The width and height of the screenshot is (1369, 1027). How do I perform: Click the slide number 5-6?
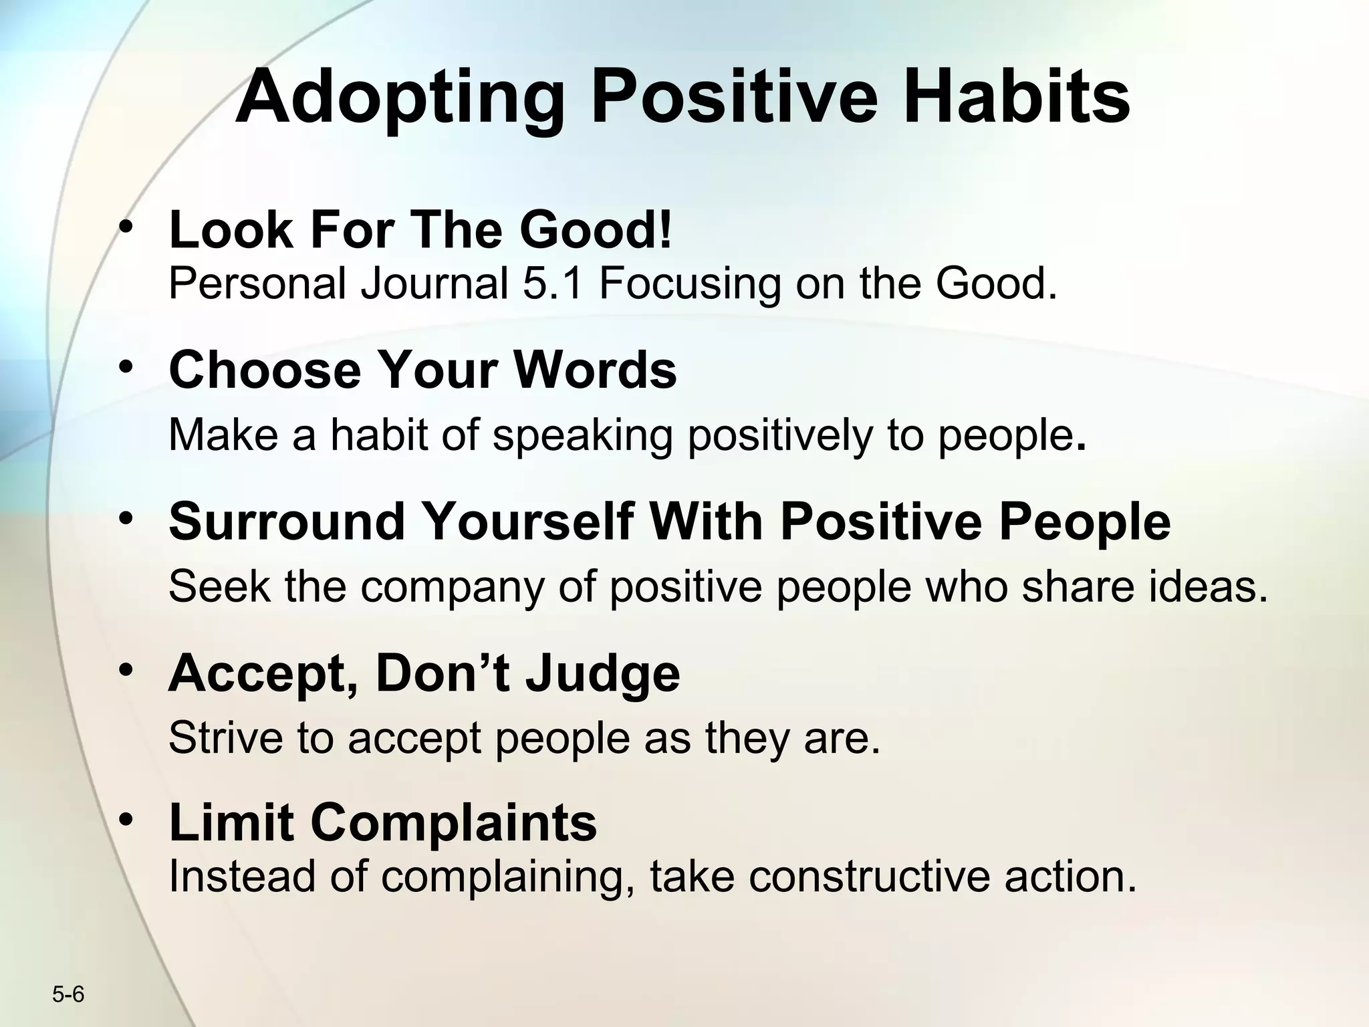click(x=68, y=995)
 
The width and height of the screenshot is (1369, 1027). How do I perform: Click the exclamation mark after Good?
click(x=664, y=229)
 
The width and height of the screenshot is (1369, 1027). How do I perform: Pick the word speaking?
click(x=582, y=436)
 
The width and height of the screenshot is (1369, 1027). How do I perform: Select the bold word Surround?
click(x=287, y=522)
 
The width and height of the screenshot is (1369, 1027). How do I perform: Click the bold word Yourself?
click(x=528, y=522)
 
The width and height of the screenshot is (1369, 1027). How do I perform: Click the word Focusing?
click(x=689, y=284)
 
